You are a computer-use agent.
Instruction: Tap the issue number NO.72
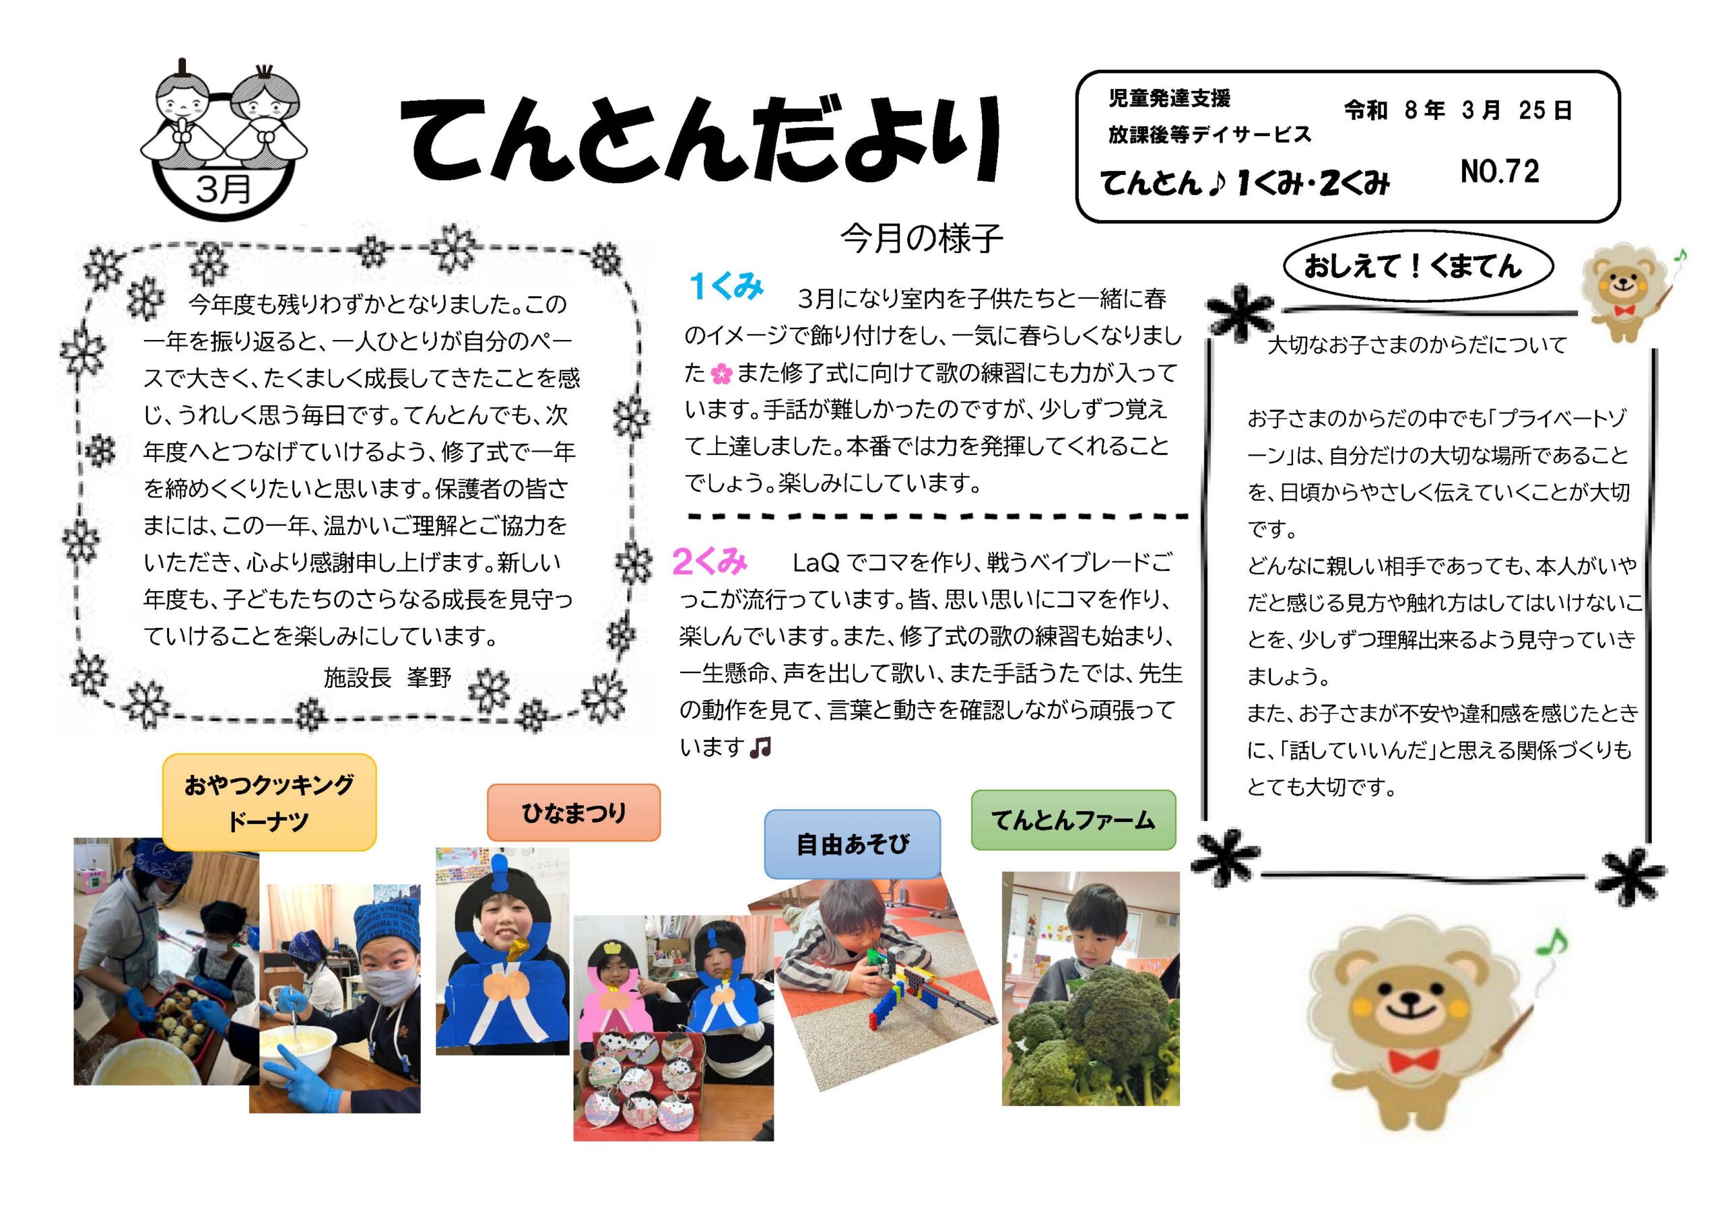(1500, 172)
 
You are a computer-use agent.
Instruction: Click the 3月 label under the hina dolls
(223, 188)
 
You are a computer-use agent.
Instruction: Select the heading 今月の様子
(921, 239)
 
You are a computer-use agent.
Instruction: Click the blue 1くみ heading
(726, 286)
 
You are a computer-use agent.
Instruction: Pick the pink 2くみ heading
(710, 561)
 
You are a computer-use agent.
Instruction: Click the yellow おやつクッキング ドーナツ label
(269, 802)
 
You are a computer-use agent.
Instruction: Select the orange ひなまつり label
(574, 812)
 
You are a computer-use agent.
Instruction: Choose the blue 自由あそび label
(853, 843)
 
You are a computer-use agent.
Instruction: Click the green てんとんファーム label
(1073, 820)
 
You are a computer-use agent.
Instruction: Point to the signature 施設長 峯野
(387, 678)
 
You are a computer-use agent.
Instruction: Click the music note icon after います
(760, 747)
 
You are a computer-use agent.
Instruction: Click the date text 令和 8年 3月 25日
(1457, 111)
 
